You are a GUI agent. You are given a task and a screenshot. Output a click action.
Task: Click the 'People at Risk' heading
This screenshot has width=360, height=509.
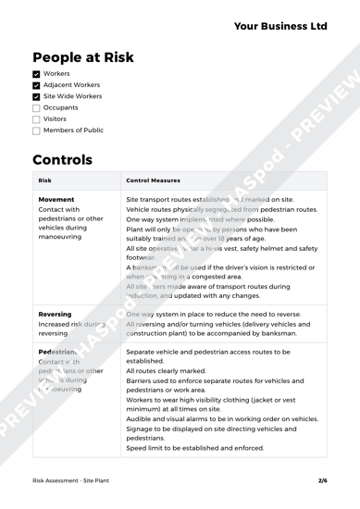[x=99, y=58]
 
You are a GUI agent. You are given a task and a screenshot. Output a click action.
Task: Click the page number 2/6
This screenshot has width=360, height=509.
[x=322, y=480]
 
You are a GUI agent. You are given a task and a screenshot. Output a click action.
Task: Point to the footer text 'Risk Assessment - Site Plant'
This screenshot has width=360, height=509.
[x=67, y=480]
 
